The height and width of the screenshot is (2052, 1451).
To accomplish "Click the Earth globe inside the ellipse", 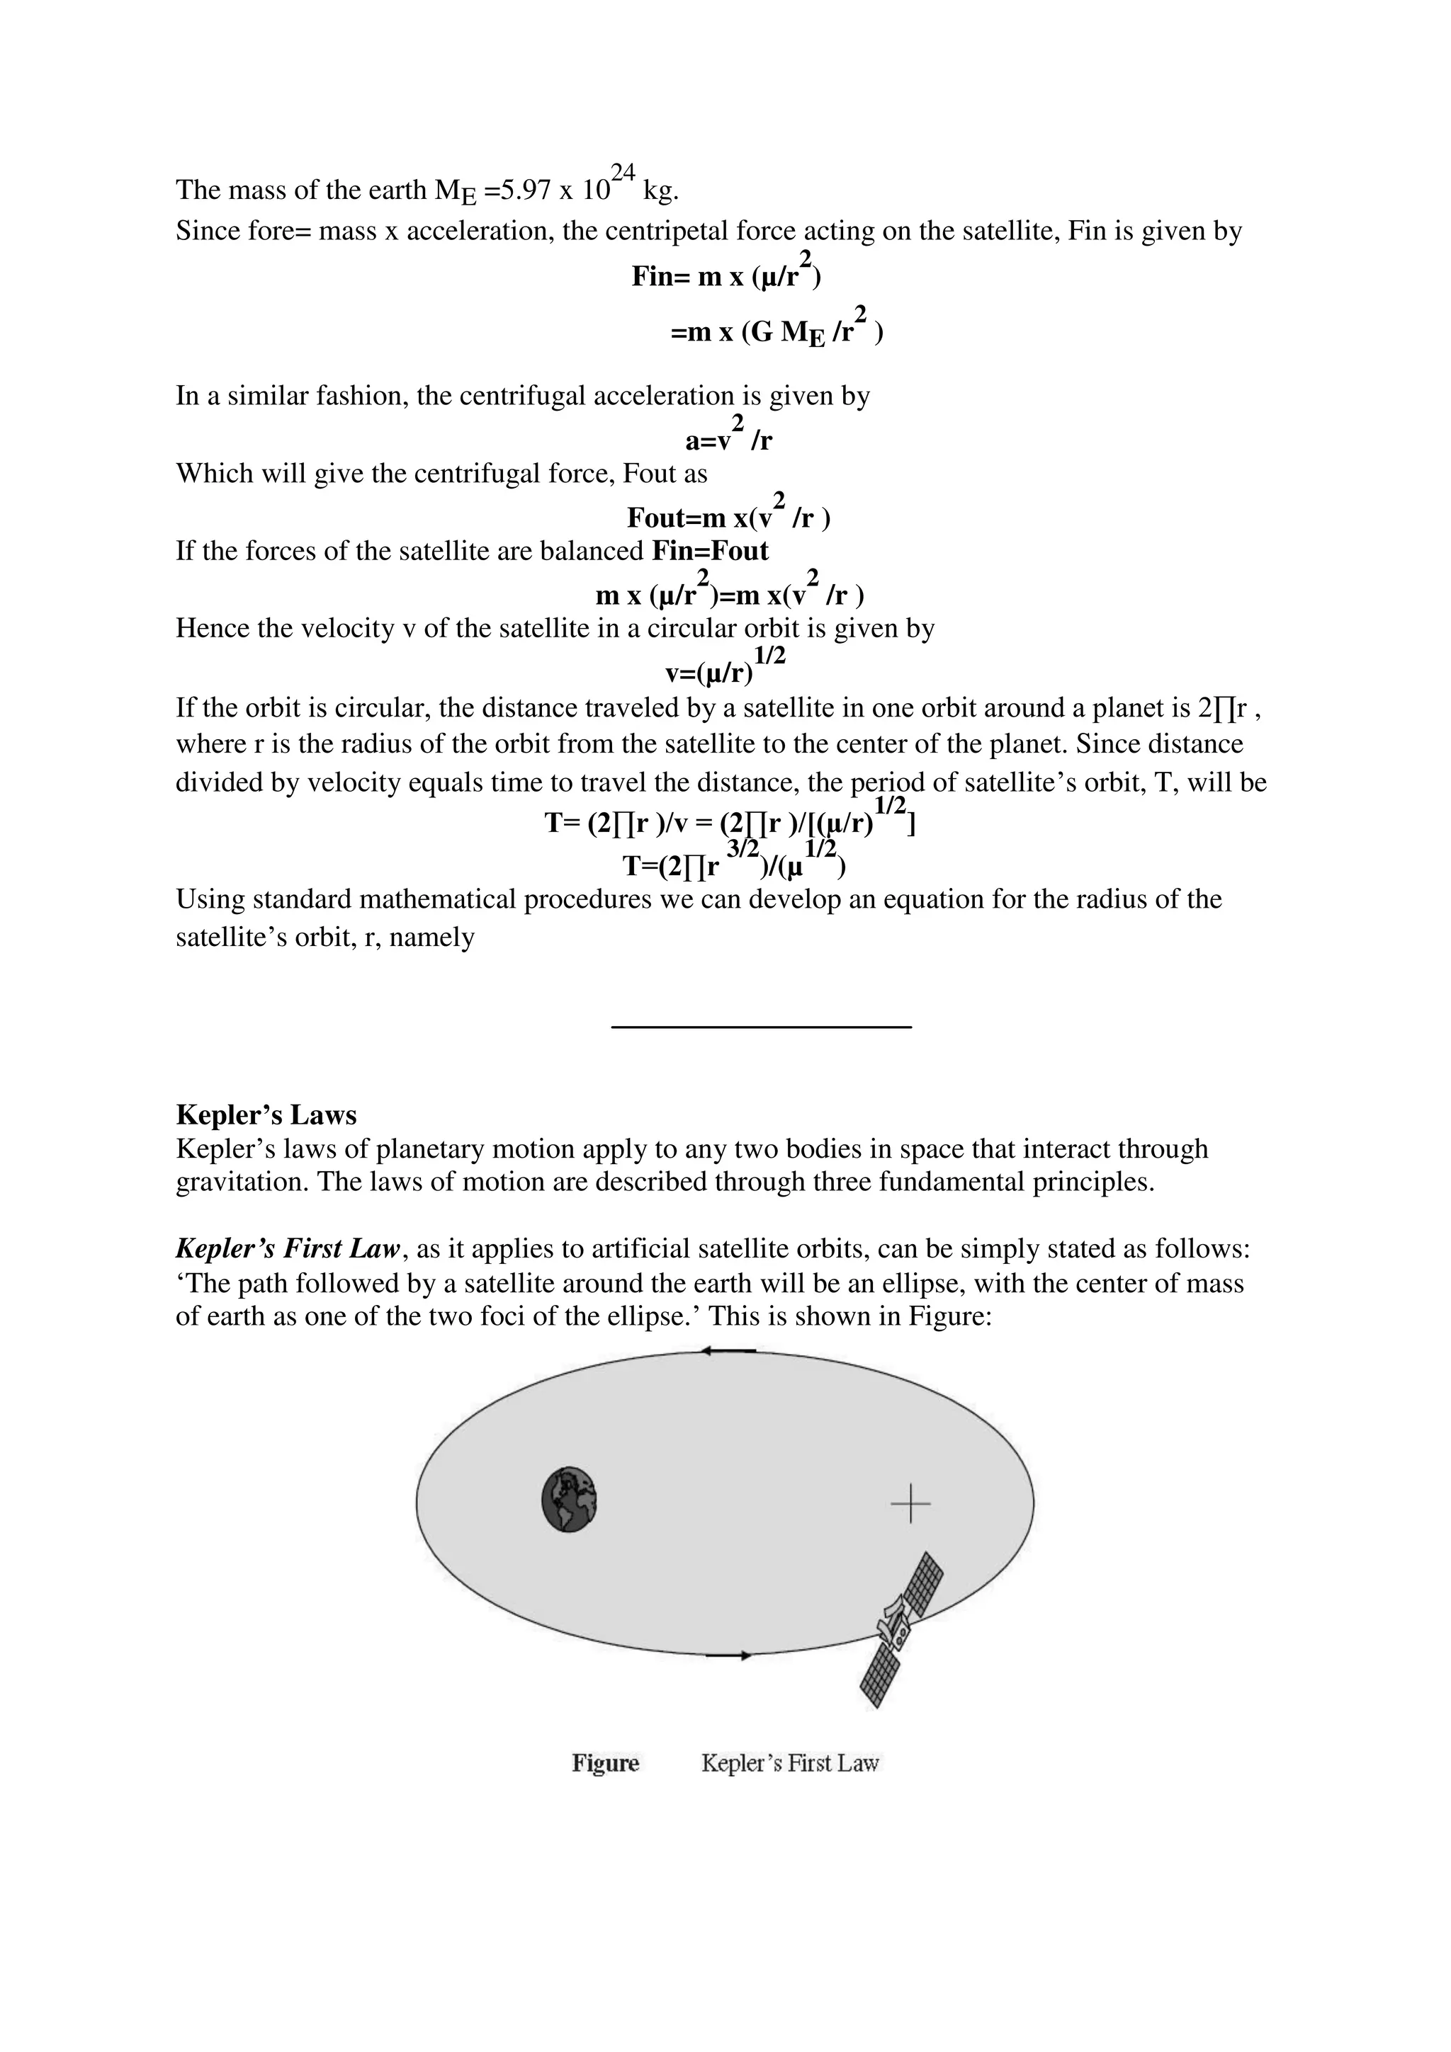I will pos(570,1500).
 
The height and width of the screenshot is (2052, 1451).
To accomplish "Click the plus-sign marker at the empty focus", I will pos(910,1503).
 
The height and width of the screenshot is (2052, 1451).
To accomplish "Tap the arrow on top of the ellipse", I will pos(728,1350).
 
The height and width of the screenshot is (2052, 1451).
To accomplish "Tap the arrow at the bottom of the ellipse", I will pos(728,1656).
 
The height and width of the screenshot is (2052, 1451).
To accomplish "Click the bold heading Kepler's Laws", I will pos(266,1115).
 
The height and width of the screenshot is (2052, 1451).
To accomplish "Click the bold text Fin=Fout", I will pos(710,551).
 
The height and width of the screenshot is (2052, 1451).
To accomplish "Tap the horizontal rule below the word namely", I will pos(761,1027).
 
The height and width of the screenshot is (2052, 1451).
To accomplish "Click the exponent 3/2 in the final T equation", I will pos(742,848).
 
